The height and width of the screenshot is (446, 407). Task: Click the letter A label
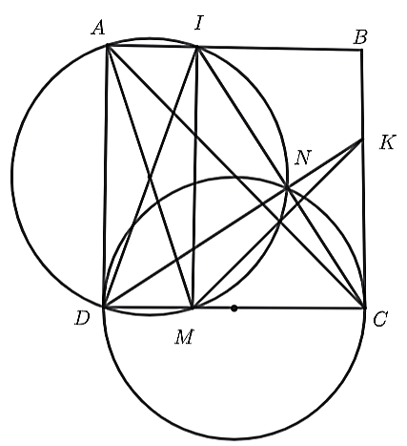98,28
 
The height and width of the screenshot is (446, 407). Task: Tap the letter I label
198,23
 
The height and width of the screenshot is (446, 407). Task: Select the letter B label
360,37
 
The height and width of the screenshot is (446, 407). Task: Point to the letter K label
388,142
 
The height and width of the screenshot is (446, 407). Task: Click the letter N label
303,158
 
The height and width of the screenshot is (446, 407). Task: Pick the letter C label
380,319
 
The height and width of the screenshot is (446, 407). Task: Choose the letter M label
184,337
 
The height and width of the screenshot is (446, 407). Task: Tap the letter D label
82,318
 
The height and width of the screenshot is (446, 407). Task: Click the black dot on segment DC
234,308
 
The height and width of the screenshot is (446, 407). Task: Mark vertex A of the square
108,46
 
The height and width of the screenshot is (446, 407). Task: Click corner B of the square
362,50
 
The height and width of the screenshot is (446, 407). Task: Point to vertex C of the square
365,308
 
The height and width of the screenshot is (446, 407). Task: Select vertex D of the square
104,308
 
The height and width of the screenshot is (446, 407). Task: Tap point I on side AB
197,47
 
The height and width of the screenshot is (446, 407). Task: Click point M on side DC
193,308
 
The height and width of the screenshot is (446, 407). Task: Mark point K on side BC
362,139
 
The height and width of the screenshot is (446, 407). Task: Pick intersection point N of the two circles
287,188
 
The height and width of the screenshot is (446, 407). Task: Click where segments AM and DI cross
150,176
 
